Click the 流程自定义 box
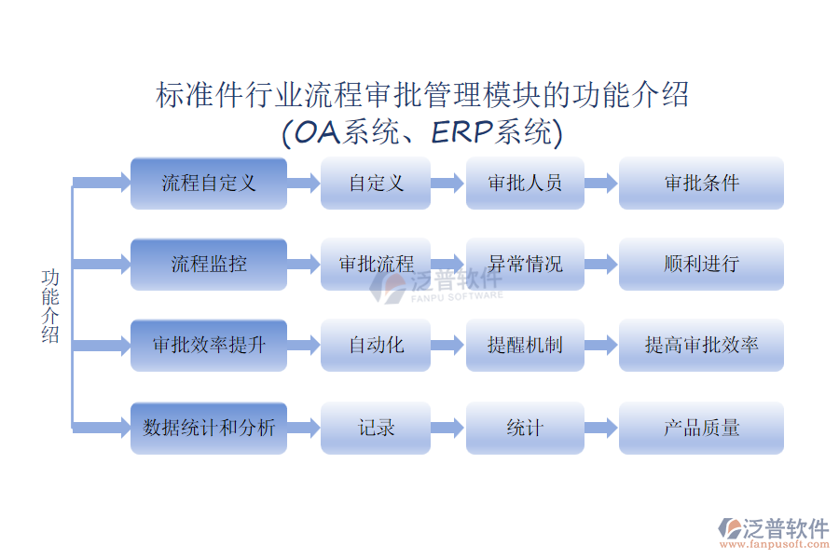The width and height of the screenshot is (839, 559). [x=208, y=183]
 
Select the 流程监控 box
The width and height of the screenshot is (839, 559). [x=208, y=264]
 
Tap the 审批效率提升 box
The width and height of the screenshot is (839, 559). [x=208, y=345]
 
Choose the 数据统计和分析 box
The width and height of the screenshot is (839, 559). [x=208, y=428]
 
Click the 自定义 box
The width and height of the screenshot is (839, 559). [x=376, y=183]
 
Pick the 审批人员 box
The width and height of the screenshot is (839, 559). [x=525, y=183]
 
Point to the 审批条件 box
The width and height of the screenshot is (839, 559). [x=701, y=183]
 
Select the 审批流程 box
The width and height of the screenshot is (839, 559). [x=376, y=264]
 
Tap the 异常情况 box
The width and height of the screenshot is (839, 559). [x=525, y=264]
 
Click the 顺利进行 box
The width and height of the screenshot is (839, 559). [x=701, y=264]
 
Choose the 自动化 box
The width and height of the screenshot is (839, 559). [x=376, y=345]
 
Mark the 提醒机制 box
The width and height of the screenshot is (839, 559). [x=525, y=345]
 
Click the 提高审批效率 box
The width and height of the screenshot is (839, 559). [x=701, y=345]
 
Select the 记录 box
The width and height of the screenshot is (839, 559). [x=376, y=428]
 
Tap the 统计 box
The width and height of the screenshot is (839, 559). [x=525, y=428]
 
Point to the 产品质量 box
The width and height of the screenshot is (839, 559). [x=701, y=428]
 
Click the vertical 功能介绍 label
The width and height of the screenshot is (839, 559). [x=50, y=307]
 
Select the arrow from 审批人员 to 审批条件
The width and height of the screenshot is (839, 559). [x=601, y=183]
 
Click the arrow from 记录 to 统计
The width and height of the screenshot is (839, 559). [x=447, y=428]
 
